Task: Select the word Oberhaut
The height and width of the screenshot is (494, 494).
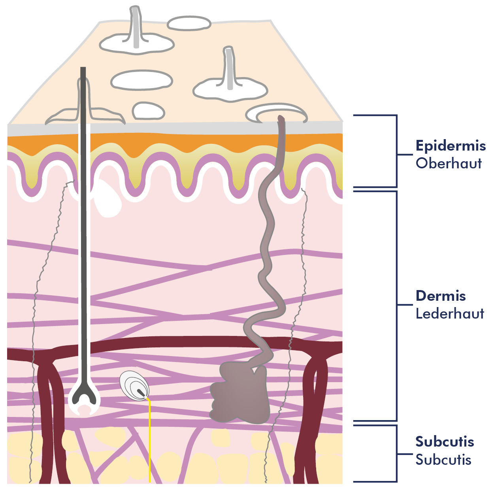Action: click(x=449, y=163)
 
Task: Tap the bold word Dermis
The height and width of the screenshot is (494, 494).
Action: click(x=440, y=296)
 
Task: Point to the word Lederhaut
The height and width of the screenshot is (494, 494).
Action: click(x=450, y=313)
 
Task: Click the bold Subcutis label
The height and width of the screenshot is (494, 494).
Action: click(x=445, y=442)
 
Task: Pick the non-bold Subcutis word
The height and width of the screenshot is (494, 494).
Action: click(x=443, y=459)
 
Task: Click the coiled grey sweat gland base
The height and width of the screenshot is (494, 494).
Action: click(x=240, y=395)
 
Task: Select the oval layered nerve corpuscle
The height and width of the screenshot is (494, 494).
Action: click(x=134, y=387)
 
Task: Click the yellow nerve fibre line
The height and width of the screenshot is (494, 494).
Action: click(x=149, y=439)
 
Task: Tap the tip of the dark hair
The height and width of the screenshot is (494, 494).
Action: click(x=83, y=68)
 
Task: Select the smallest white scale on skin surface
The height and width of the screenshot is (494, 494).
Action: click(x=148, y=111)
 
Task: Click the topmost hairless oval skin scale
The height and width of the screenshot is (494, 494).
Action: click(x=189, y=23)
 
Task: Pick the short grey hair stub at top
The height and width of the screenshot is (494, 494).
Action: click(x=136, y=26)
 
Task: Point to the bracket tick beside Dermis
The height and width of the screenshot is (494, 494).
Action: click(x=405, y=305)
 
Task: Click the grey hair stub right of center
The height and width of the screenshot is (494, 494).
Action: click(x=229, y=68)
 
